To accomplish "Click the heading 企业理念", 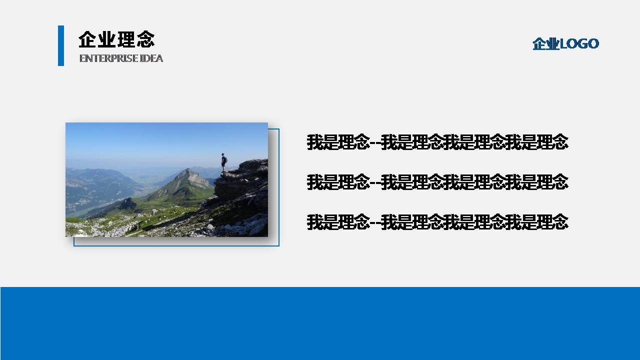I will pyautogui.click(x=116, y=39).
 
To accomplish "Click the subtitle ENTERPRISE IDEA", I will pyautogui.click(x=121, y=58).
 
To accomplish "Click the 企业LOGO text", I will pyautogui.click(x=565, y=44).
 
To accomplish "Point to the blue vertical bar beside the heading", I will pyautogui.click(x=61, y=45).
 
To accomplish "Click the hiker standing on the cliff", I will pyautogui.click(x=224, y=162).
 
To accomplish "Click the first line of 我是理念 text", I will pyautogui.click(x=437, y=142).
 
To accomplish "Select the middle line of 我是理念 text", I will pyautogui.click(x=437, y=182).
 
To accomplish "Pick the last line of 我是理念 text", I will pyautogui.click(x=437, y=221).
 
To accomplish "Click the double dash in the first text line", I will pyautogui.click(x=375, y=143).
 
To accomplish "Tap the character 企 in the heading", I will pyautogui.click(x=87, y=39).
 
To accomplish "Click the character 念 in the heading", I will pyautogui.click(x=145, y=39).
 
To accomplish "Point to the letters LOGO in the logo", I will pyautogui.click(x=579, y=44).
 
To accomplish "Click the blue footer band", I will pyautogui.click(x=320, y=323).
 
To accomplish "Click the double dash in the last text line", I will pyautogui.click(x=375, y=222).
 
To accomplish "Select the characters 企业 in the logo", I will pyautogui.click(x=545, y=44).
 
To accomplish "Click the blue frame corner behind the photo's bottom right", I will pyautogui.click(x=278, y=245).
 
